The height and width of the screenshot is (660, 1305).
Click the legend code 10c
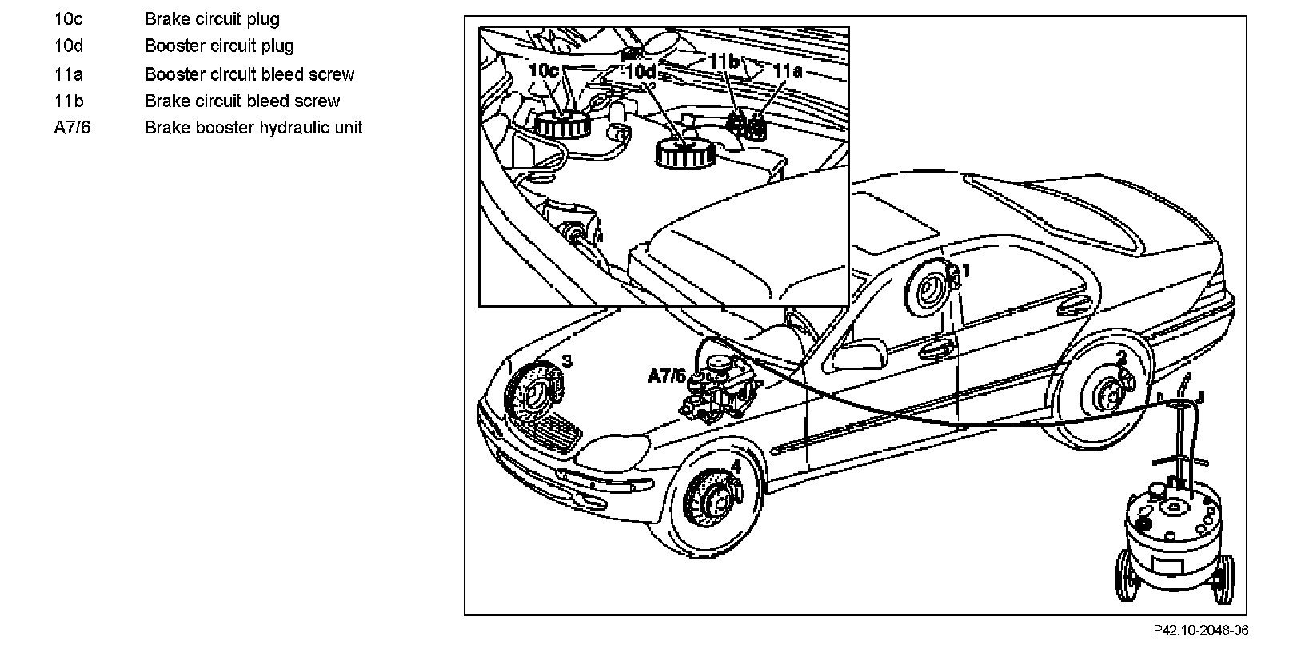(x=67, y=18)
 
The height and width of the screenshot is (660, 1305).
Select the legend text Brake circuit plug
(x=212, y=18)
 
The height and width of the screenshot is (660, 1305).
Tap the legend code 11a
(x=68, y=74)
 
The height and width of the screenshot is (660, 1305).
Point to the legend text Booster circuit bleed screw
(x=249, y=74)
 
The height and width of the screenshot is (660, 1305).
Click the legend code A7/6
(x=72, y=128)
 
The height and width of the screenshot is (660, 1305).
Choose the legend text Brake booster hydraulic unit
(x=253, y=128)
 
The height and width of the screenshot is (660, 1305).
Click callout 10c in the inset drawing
(x=544, y=70)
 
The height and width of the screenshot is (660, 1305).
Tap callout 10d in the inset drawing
(x=641, y=72)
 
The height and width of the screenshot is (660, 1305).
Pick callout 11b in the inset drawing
(x=724, y=61)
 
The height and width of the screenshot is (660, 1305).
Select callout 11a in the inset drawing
(x=788, y=70)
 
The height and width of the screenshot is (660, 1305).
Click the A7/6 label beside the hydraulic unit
(x=666, y=375)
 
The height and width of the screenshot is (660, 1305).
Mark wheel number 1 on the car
(x=965, y=271)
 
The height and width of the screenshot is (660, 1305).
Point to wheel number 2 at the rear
(x=1121, y=357)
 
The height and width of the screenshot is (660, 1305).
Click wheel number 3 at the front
(x=566, y=361)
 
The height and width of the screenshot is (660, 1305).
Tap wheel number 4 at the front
(x=736, y=466)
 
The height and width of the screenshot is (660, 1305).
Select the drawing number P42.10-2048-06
(x=1200, y=630)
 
